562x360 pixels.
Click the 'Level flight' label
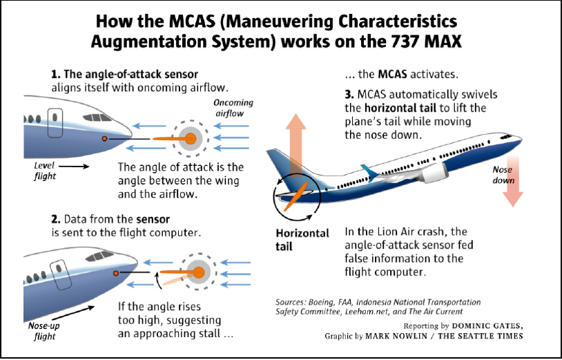(x=45, y=171)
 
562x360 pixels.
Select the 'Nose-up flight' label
(x=44, y=331)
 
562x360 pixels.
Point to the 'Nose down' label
(x=503, y=175)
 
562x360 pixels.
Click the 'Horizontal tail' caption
(x=302, y=240)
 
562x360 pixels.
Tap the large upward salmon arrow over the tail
(x=295, y=145)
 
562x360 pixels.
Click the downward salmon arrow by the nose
(x=513, y=181)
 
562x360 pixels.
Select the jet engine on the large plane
(x=434, y=172)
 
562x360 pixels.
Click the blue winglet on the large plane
(x=369, y=173)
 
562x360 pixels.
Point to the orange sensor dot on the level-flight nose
(x=104, y=138)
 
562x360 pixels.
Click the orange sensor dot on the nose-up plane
(x=116, y=273)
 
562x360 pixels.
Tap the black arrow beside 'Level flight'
(x=74, y=166)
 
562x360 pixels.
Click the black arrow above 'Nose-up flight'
(x=74, y=313)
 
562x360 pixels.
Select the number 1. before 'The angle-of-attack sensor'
(x=56, y=74)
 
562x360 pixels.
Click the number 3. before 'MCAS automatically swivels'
(x=349, y=95)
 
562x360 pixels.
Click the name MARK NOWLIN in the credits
(x=396, y=336)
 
